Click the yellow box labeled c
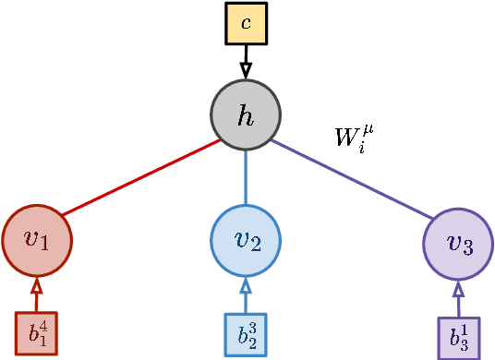(x=246, y=23)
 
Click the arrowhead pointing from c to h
(x=246, y=70)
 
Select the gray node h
(x=246, y=114)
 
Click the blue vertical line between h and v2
(x=246, y=177)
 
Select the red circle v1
(x=37, y=240)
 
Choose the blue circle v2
(x=246, y=240)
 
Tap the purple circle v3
(x=458, y=244)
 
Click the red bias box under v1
(x=36, y=333)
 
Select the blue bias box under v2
(x=246, y=334)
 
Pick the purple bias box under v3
(x=459, y=338)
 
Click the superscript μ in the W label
(x=368, y=128)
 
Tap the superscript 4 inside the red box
(x=42, y=325)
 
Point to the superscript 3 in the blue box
(x=252, y=326)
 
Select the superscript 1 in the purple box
(x=465, y=330)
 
